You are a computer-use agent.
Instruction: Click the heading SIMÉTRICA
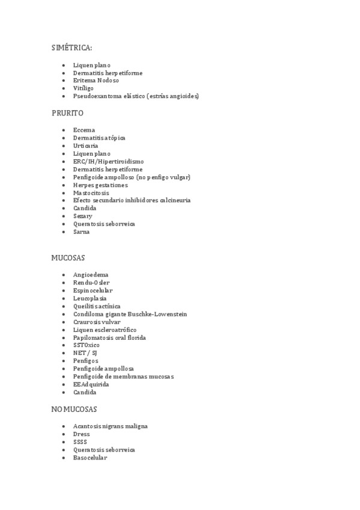tap(72, 48)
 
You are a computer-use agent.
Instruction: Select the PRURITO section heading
tap(67, 112)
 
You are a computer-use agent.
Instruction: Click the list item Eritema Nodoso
tap(96, 81)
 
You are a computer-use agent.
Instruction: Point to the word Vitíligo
tap(83, 88)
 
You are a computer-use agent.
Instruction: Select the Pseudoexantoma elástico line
tap(135, 96)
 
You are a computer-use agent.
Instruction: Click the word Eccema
tap(84, 130)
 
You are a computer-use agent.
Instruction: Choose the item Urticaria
tap(85, 146)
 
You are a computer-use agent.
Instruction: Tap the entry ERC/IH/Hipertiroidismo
tap(108, 161)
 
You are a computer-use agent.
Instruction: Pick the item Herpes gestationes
tap(100, 185)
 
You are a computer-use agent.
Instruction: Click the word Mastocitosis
tap(91, 193)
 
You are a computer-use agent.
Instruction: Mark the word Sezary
tap(82, 216)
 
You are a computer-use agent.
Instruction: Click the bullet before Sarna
tap(63, 232)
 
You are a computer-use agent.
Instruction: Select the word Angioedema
tap(90, 275)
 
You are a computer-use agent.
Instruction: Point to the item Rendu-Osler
tap(91, 283)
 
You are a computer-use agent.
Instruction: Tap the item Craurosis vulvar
tap(97, 322)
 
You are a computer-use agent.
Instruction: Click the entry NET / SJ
tap(85, 353)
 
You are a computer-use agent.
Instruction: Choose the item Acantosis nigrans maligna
tap(110, 426)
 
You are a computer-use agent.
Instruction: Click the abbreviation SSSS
tap(80, 442)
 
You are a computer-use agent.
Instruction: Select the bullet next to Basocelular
tap(63, 458)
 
